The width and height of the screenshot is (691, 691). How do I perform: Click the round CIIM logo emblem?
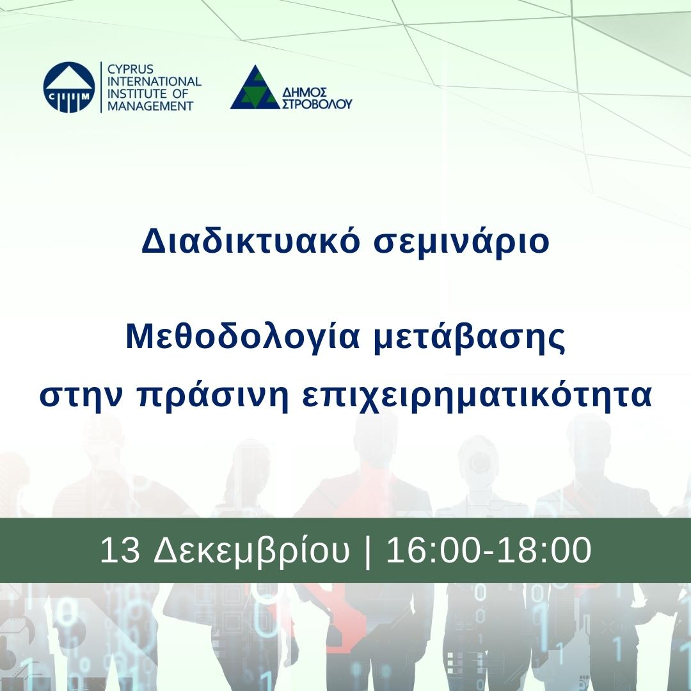(x=69, y=87)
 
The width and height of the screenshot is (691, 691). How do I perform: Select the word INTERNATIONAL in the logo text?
(x=154, y=81)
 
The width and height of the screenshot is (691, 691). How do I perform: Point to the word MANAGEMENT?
(x=150, y=106)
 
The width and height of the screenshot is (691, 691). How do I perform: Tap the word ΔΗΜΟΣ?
(x=305, y=93)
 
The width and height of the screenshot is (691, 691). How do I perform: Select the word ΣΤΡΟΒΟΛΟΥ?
(x=317, y=104)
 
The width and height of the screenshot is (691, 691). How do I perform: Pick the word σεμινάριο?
(x=461, y=242)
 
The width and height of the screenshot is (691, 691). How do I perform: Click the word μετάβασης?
(x=470, y=338)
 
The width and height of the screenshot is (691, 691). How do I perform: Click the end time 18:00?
(x=544, y=550)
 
